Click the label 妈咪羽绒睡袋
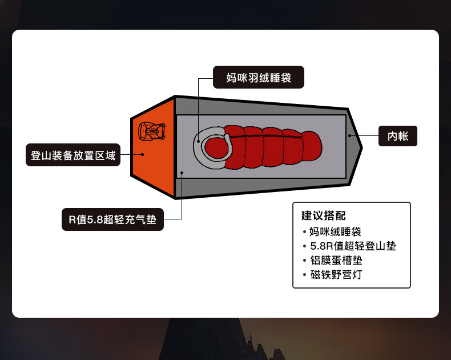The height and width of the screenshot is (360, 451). click(x=258, y=78)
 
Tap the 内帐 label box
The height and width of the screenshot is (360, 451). click(x=398, y=136)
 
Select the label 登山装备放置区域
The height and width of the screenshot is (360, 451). click(x=73, y=155)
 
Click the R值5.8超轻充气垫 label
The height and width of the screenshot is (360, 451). click(x=112, y=219)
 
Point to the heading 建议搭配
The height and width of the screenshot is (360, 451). click(x=324, y=216)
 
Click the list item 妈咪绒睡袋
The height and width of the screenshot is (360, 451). click(x=335, y=232)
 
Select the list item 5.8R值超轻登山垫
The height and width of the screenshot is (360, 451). click(x=352, y=246)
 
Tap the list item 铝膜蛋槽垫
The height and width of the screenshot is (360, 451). click(x=335, y=261)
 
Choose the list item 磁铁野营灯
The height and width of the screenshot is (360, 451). click(x=335, y=275)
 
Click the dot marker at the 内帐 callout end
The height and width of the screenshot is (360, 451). click(x=349, y=136)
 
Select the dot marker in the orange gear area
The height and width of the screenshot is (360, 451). click(x=142, y=154)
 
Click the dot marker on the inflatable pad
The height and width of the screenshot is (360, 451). click(x=182, y=172)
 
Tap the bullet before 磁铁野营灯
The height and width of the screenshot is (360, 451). click(x=305, y=275)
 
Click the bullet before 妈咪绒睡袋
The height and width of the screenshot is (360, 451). click(x=305, y=233)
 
